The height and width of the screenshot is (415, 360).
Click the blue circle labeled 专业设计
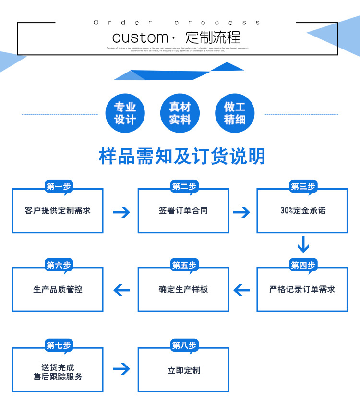(x=125, y=114)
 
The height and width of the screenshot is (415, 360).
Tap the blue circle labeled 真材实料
(x=180, y=114)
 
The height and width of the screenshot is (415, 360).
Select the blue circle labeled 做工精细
(x=235, y=114)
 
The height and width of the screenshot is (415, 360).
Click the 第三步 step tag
(x=303, y=187)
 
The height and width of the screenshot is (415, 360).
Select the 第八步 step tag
(x=184, y=345)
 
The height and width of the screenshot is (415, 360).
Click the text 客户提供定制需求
(x=58, y=210)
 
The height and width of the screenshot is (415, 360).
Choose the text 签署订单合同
(x=183, y=210)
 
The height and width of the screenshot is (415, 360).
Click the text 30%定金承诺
(x=302, y=210)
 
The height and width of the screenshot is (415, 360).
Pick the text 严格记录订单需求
(x=302, y=289)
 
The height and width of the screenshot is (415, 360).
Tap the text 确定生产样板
(x=183, y=289)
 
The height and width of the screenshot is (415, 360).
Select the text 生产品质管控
(x=58, y=289)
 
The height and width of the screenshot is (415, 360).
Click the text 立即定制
(x=183, y=370)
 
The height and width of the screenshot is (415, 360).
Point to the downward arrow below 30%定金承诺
(x=303, y=244)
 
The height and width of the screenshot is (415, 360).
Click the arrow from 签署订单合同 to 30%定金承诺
(x=242, y=212)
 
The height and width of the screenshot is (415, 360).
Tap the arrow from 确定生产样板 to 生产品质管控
(x=122, y=290)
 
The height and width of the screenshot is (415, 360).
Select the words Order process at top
(x=178, y=23)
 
